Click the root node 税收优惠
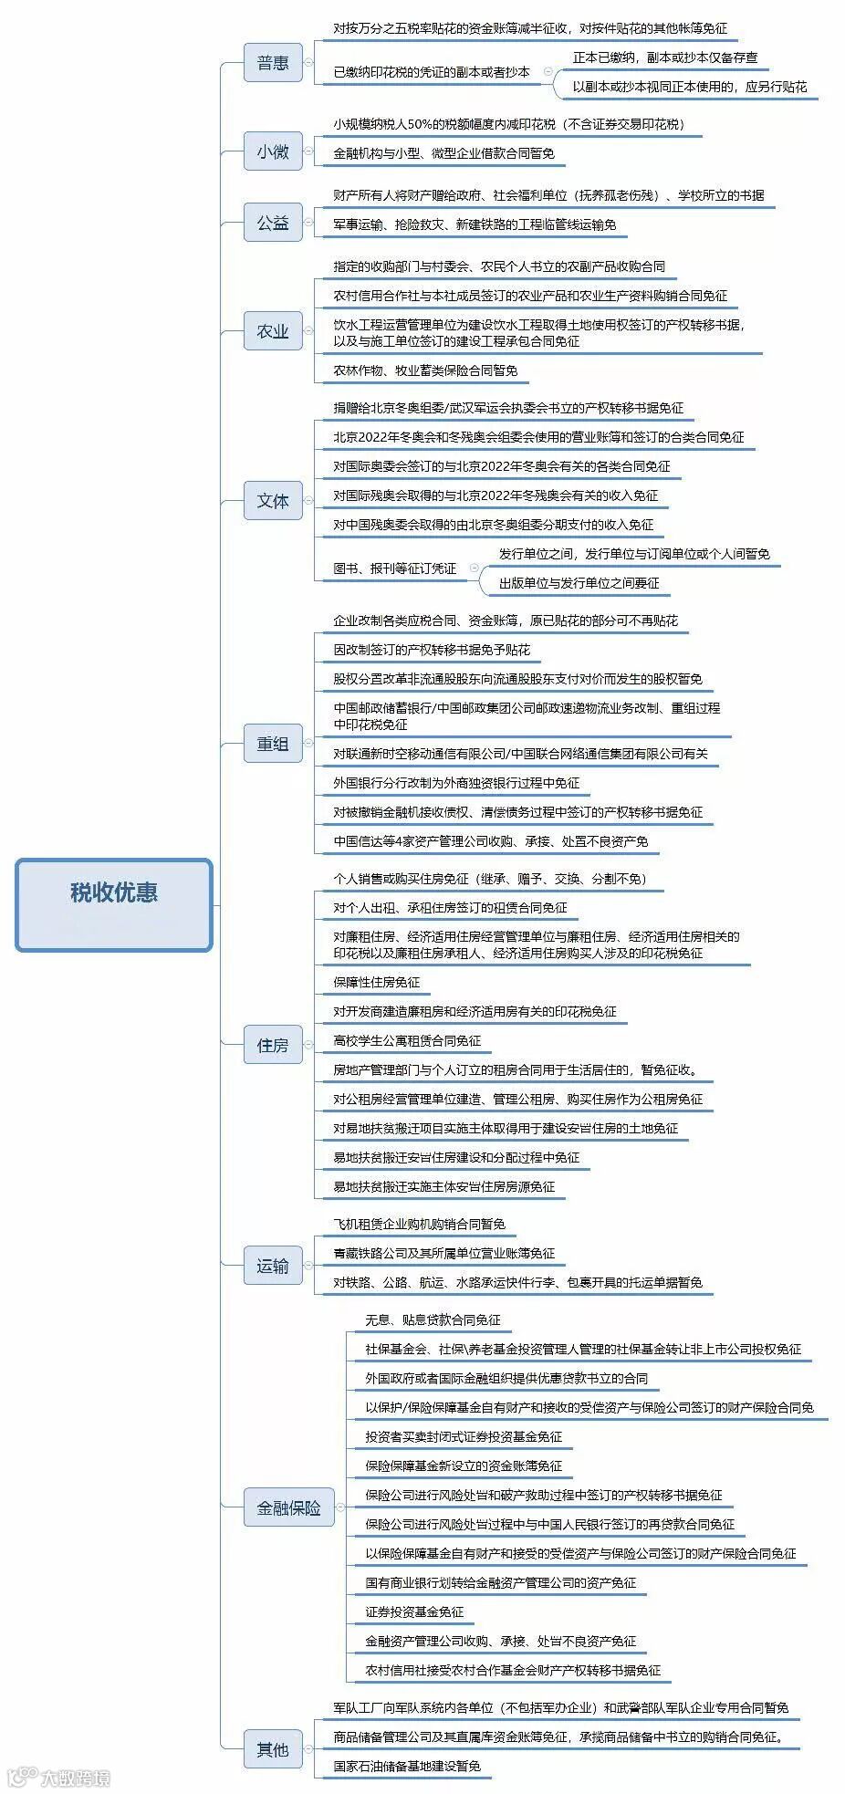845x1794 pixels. click(114, 892)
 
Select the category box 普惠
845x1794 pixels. click(273, 63)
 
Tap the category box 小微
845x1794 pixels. click(273, 151)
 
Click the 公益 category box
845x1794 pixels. click(273, 223)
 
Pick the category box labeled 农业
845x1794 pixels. click(273, 331)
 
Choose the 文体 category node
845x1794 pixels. click(273, 501)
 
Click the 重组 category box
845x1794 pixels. click(273, 744)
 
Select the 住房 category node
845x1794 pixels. click(273, 1045)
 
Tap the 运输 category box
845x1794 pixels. click(273, 1266)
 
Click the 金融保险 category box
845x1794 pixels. click(288, 1508)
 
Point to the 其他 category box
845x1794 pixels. click(273, 1749)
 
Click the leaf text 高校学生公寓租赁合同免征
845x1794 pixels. click(407, 1041)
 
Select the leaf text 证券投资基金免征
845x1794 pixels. click(414, 1612)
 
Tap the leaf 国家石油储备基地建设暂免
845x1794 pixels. click(407, 1766)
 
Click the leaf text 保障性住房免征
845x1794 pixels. click(377, 983)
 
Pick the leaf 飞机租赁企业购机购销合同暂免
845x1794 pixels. click(419, 1225)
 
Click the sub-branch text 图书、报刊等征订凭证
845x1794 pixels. click(394, 568)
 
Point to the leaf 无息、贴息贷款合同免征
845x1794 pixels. click(433, 1320)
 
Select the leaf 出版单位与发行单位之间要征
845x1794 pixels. click(579, 583)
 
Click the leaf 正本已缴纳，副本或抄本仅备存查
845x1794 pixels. click(665, 57)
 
